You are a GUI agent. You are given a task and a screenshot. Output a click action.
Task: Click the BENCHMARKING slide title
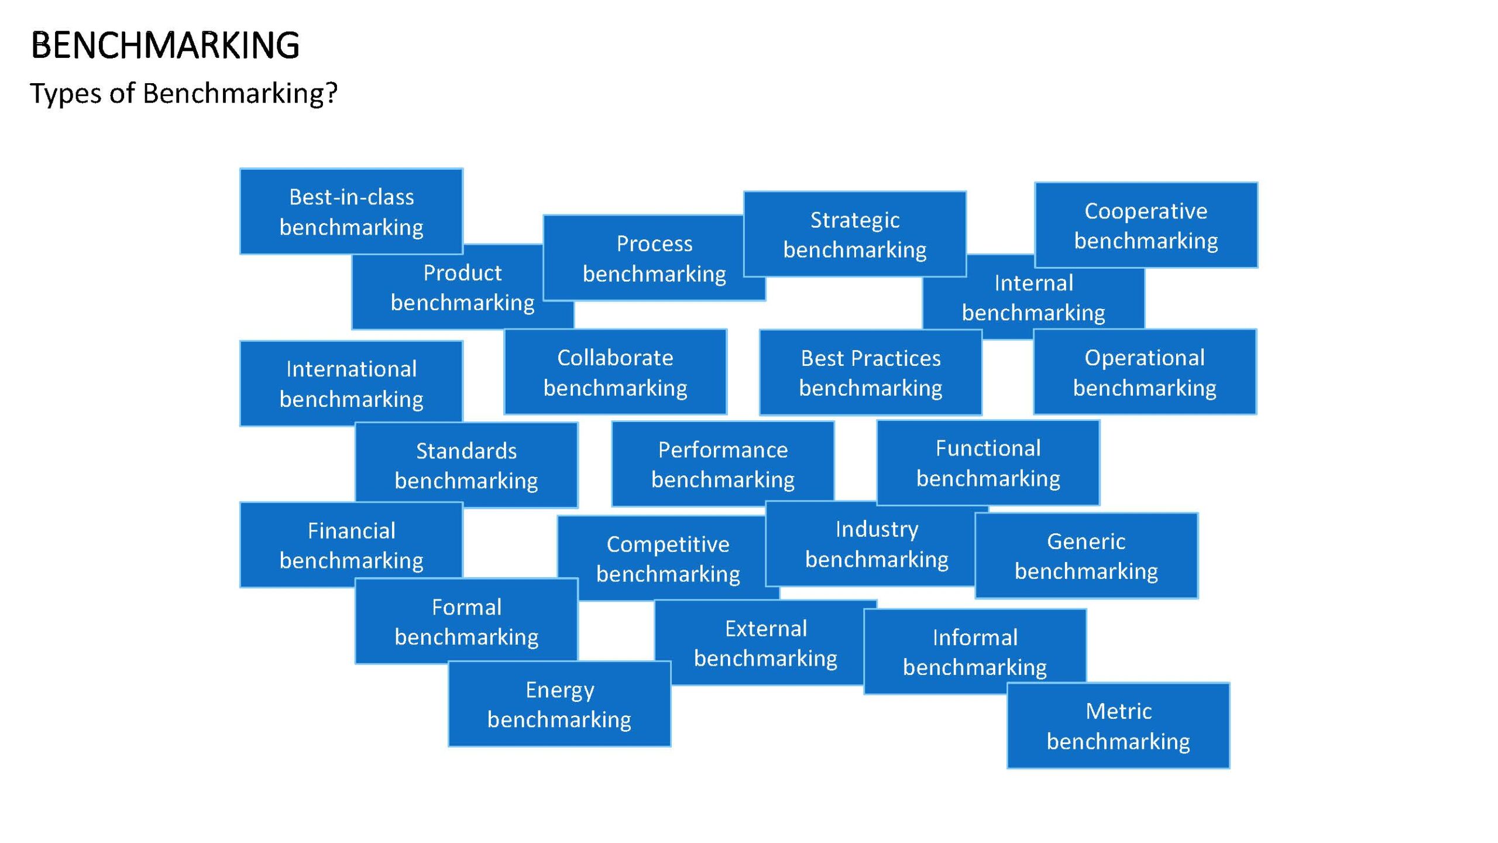[x=165, y=45]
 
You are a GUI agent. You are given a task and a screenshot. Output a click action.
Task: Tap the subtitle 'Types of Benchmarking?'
[x=184, y=93]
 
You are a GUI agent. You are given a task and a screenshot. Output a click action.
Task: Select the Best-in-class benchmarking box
[x=351, y=211]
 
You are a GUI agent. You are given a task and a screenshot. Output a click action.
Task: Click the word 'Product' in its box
[x=462, y=273]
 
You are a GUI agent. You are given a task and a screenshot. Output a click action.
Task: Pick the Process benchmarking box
[x=654, y=258]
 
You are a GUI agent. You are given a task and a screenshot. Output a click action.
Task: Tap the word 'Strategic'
[x=855, y=220]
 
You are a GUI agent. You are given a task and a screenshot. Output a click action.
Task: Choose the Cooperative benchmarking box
[x=1146, y=225]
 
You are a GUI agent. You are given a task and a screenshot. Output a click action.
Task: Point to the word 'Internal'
[x=1034, y=283]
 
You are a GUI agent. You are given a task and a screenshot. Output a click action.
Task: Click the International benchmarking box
[x=351, y=383]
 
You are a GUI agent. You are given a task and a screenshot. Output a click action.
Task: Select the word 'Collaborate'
[x=615, y=358]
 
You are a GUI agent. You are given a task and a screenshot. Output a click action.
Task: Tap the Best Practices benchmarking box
[x=871, y=372]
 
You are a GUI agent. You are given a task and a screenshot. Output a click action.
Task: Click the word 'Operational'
[x=1145, y=358]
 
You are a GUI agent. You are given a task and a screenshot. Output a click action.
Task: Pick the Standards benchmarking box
[x=466, y=465]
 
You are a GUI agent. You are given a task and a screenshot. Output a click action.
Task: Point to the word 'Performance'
[x=723, y=450]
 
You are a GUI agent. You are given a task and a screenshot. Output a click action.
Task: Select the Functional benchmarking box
[x=988, y=462]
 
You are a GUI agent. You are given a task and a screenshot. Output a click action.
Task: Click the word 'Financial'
[x=351, y=531]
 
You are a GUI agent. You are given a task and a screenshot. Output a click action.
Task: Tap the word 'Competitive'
[x=668, y=545]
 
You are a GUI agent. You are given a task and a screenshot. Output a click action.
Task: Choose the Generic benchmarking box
[x=1087, y=556]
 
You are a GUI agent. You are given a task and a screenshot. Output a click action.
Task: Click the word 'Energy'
[x=559, y=691]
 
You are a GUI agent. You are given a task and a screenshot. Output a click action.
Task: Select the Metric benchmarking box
[x=1118, y=725]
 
